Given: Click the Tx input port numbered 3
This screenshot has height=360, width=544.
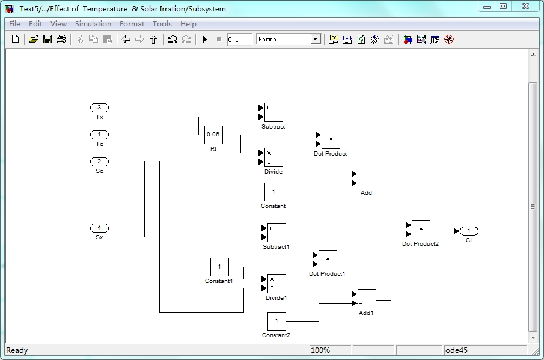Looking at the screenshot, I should (x=99, y=108).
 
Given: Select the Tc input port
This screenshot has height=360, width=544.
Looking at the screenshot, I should (x=99, y=135).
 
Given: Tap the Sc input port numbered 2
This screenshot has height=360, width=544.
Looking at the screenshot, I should (x=99, y=162).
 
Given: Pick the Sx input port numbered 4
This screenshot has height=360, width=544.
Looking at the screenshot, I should (x=99, y=228).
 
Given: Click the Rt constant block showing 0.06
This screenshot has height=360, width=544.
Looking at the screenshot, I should (x=213, y=135).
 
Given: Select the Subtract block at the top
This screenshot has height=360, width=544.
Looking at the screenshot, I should (x=274, y=112).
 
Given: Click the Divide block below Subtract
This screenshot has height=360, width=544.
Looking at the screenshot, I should (x=274, y=157).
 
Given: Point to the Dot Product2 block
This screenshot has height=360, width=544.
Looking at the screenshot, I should (x=421, y=229).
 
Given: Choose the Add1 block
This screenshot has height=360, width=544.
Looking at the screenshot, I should (x=367, y=299).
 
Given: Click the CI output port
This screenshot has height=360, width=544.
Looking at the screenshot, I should (x=469, y=231).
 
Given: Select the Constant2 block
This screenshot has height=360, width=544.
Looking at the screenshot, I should (x=277, y=321).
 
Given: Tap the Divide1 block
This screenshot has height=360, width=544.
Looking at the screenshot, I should (x=277, y=284).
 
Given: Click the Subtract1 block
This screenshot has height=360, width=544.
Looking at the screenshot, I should (x=277, y=233).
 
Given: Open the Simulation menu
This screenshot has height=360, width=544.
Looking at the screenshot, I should (x=93, y=24).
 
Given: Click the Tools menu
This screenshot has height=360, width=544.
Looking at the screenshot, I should (x=162, y=24).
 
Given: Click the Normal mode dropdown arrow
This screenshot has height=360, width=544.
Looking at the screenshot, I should (x=316, y=39).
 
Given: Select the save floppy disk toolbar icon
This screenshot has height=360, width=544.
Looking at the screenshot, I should (x=47, y=39).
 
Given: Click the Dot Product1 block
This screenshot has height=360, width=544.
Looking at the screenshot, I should (x=328, y=260).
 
